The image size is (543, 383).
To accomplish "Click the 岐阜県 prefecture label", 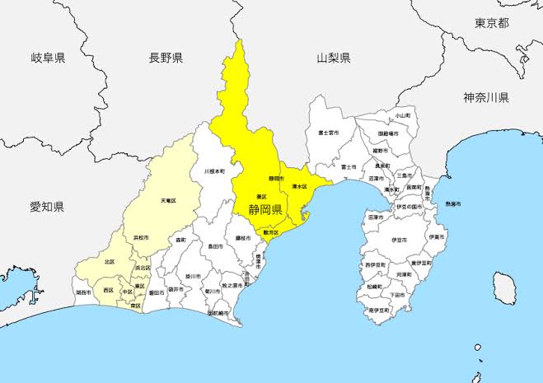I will (x=48, y=58).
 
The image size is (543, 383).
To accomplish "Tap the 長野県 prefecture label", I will (x=166, y=58).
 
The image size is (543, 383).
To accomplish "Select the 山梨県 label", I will (x=334, y=58).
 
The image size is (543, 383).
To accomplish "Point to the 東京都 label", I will (x=492, y=23).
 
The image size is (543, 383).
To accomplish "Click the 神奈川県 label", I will (x=485, y=98).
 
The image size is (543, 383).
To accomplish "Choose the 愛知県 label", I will (x=47, y=206).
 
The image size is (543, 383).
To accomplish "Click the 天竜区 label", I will (x=168, y=200).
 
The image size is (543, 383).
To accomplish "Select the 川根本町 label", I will (x=214, y=171).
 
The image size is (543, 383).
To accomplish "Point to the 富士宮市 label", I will (x=329, y=132).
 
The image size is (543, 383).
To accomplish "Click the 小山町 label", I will (x=402, y=117).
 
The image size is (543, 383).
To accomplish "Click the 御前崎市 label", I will (x=218, y=314).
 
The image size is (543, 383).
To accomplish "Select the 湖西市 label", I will (x=82, y=292).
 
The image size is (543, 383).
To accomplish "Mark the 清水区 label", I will (x=299, y=188).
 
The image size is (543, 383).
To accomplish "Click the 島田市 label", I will (x=215, y=245).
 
